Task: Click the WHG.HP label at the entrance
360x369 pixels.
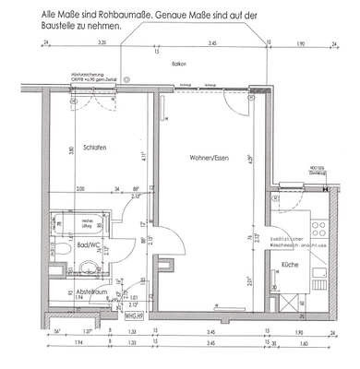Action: pos(134,314)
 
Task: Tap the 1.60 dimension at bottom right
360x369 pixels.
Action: pos(305,342)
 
